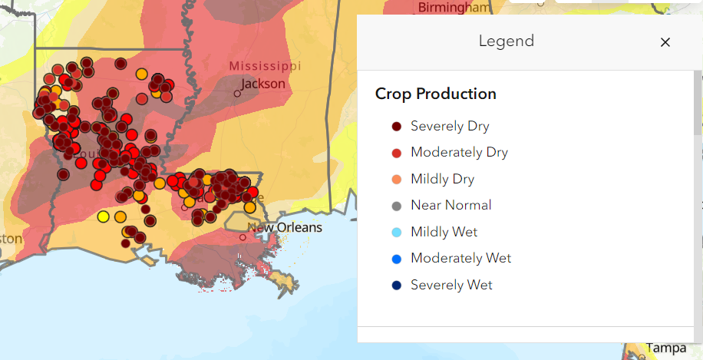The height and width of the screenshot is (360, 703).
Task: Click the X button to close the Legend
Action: [665, 42]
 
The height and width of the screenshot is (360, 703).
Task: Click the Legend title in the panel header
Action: [507, 41]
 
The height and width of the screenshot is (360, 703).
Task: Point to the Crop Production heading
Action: [435, 94]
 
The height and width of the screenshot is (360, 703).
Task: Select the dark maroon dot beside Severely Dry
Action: [396, 127]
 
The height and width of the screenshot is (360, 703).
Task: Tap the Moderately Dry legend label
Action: [459, 153]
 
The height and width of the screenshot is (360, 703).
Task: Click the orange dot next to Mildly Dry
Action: [396, 180]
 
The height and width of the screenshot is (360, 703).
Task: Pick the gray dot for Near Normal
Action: [396, 206]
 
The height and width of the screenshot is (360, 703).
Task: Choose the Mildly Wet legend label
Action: [444, 232]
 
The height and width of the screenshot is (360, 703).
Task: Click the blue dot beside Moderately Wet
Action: [396, 259]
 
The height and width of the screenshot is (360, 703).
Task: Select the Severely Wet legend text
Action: [451, 285]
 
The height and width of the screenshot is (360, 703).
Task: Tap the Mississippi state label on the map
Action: [265, 66]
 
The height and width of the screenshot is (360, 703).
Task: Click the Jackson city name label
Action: [263, 84]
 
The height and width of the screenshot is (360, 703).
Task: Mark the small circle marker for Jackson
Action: [238, 94]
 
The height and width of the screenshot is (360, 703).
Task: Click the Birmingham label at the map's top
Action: [454, 8]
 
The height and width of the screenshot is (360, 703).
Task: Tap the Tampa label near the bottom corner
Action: [665, 348]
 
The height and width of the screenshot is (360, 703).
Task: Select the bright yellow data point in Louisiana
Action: [104, 216]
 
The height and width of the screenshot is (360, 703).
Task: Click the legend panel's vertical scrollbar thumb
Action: [698, 104]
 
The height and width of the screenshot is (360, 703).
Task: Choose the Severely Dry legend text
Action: [450, 127]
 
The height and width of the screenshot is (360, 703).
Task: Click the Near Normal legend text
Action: [451, 206]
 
